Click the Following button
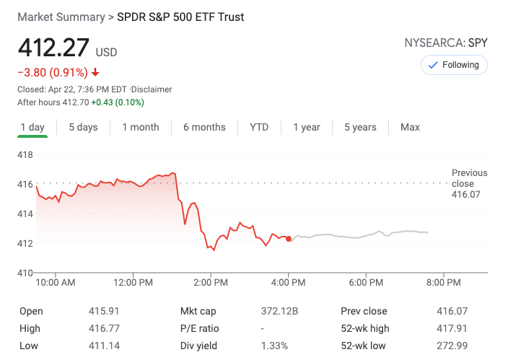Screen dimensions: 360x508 pos(454,65)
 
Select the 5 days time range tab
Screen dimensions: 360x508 pos(83,127)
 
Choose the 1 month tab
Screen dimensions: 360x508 pos(140,127)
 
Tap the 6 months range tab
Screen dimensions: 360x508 pos(204,127)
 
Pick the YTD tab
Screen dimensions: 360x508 pos(259,127)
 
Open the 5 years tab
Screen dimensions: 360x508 pos(360,127)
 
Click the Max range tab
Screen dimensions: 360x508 pos(410,127)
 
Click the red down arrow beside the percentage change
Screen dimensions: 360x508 pos(95,72)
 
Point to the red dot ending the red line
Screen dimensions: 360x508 pos(289,239)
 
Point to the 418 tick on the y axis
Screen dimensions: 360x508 pos(25,154)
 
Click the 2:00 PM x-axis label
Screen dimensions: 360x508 pos(211,282)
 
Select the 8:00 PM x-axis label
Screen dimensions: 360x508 pos(443,282)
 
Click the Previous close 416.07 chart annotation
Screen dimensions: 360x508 pos(469,183)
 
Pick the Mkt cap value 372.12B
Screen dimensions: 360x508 pos(279,311)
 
